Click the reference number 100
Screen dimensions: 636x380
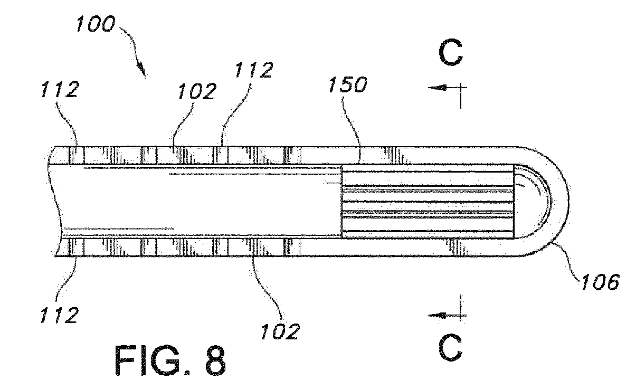(96, 24)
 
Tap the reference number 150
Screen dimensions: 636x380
(348, 84)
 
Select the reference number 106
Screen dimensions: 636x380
(600, 282)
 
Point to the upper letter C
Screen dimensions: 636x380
(451, 53)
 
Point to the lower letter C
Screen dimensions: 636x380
(451, 347)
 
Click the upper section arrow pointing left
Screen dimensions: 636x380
(447, 88)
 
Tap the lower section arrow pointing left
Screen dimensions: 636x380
(447, 315)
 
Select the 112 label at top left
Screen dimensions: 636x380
(59, 89)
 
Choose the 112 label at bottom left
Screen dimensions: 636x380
(59, 315)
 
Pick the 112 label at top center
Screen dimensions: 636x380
(254, 70)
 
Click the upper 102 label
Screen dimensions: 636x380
(197, 91)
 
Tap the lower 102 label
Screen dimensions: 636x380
(280, 331)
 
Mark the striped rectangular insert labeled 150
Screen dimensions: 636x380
(428, 202)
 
